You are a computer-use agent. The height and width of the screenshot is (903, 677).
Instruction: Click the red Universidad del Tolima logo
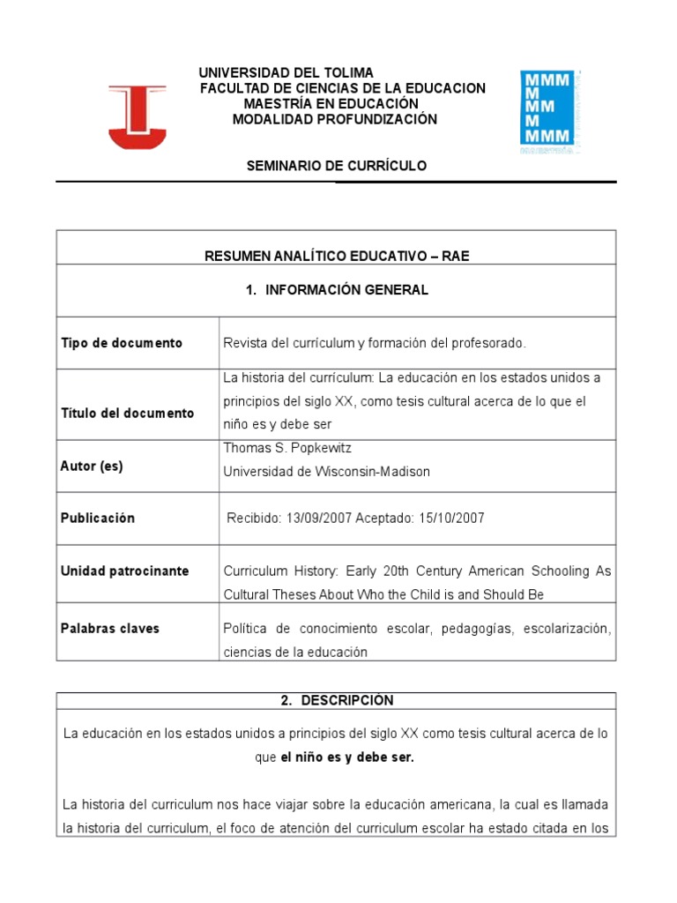pos(137,116)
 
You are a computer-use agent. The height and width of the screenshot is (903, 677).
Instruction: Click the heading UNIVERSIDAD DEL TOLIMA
pos(286,72)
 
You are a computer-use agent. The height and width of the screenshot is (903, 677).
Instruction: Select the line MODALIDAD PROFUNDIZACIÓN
pos(334,120)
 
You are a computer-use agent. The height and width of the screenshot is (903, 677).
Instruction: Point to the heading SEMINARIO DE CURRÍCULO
pos(335,166)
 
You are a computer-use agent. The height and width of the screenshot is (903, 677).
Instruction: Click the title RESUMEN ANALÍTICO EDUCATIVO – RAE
pos(337,256)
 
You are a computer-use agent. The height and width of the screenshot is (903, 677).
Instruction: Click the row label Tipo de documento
pos(122,343)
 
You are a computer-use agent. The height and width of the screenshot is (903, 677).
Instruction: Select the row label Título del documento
pos(128,413)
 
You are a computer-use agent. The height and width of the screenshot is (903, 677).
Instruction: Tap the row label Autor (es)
pos(92,466)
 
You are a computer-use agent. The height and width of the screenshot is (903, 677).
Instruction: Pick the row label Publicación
pos(98,519)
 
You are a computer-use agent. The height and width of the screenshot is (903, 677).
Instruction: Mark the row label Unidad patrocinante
pos(124,571)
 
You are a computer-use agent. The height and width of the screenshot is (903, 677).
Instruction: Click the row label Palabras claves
pos(110,629)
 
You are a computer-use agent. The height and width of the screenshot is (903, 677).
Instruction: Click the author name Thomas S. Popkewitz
pos(288,448)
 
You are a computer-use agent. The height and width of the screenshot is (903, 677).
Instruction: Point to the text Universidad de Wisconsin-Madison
pos(327,472)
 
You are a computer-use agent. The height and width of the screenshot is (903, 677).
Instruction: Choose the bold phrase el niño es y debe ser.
pos(347,758)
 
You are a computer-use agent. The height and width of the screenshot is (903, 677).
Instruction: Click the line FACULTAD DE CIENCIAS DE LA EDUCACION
pos(343,88)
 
